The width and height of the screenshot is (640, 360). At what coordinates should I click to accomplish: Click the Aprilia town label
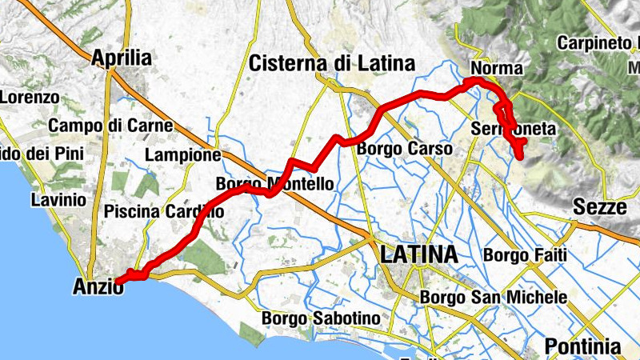coord(122,58)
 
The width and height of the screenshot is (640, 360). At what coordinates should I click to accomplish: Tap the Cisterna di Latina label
coord(331,63)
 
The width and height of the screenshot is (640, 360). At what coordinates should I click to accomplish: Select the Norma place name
coord(497,69)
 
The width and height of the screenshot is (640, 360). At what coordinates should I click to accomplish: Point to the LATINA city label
coord(418,255)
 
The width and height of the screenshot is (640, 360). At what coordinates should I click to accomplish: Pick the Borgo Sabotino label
coord(320,318)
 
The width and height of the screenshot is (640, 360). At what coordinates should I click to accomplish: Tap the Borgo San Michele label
coord(494,297)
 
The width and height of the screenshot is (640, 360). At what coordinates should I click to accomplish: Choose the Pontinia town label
coord(582,346)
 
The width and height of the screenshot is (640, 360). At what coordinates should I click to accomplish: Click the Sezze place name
coord(599,208)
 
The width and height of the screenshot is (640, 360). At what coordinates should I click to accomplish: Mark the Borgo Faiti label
coord(526,256)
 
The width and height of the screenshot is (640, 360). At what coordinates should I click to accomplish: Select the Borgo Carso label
coord(404,149)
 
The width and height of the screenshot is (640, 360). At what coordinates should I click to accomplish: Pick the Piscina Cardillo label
coord(163,212)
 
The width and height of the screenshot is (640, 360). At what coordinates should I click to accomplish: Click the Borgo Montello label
coord(274,185)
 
